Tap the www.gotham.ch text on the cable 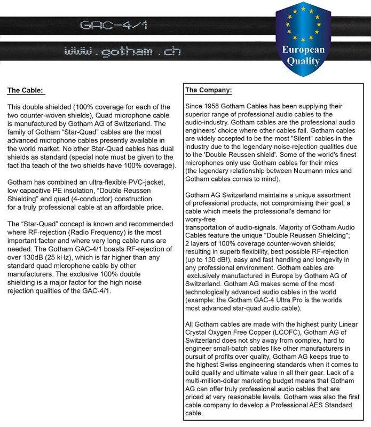pos(122,52)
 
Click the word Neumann pos(307,170)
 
